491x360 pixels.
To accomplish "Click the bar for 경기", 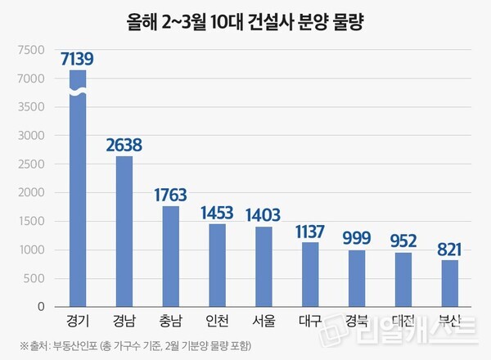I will point(77,205).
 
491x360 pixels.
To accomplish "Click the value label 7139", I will point(77,59).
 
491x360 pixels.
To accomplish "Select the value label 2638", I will point(124,145).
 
